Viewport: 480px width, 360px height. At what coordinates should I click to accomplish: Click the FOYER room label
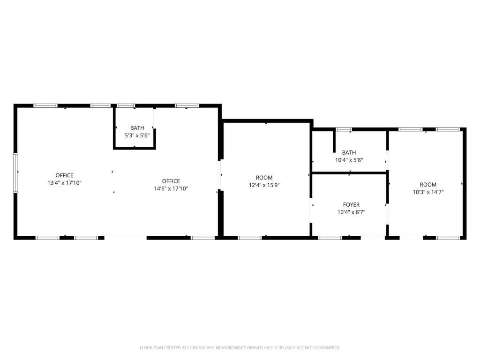point(351,204)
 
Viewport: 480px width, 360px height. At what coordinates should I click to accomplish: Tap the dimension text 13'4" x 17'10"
point(64,183)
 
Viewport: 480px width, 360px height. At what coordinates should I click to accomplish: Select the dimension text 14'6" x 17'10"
point(171,188)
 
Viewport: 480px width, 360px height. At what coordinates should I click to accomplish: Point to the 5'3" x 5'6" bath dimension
point(137,135)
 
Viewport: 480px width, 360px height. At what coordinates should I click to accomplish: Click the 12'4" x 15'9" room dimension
point(264,185)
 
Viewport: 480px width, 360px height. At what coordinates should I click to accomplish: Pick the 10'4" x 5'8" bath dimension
point(349,160)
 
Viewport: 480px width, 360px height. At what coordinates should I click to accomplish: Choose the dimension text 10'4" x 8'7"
point(352,212)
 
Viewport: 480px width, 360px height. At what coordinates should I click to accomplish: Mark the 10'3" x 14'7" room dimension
point(428,192)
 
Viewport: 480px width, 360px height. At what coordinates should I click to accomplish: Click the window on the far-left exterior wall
point(15,173)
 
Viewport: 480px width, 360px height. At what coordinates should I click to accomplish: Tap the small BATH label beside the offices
point(137,128)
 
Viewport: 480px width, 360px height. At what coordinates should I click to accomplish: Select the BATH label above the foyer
point(349,152)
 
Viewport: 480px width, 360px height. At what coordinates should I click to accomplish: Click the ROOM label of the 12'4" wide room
point(264,178)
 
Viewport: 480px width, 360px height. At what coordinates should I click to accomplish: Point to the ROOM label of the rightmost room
point(428,185)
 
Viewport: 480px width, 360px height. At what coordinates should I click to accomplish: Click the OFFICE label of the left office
point(64,175)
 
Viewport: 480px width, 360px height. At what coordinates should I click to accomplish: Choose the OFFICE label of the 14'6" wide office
point(171,181)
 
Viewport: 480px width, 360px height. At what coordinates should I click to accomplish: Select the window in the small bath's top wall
point(126,106)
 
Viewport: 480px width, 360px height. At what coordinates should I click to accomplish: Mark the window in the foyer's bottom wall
point(330,238)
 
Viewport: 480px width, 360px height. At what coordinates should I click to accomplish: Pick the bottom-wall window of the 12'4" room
point(250,238)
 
